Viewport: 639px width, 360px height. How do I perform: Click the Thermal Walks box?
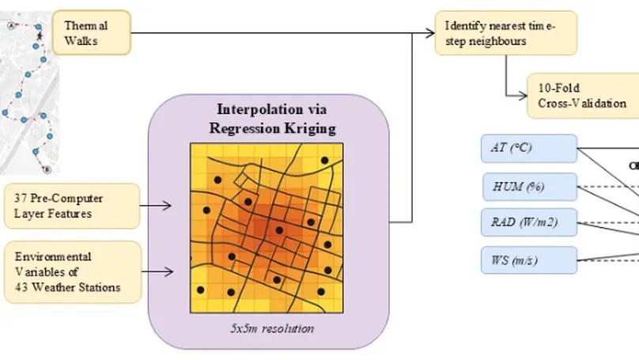(x=91, y=32)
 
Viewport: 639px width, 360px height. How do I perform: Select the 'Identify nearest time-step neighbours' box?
(x=505, y=32)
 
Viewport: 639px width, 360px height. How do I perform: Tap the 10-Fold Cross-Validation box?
(x=581, y=95)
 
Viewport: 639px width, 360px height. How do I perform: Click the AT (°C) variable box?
(x=529, y=147)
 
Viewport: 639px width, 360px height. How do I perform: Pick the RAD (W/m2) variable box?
(x=529, y=222)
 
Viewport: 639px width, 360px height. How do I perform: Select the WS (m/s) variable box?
(x=529, y=259)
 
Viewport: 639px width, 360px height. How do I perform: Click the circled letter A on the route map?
(x=10, y=25)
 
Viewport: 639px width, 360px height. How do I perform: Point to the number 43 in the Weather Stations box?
(x=15, y=287)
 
